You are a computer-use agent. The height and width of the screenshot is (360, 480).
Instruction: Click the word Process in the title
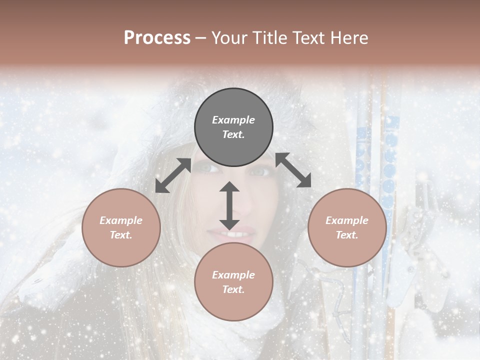point(157,38)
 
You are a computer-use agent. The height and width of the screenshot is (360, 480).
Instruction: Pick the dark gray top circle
point(233,127)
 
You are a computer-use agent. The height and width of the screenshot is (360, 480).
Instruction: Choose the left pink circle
point(121,227)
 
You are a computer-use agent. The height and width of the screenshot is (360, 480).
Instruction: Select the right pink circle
point(347,227)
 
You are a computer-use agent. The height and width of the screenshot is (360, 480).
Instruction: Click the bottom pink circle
point(233,282)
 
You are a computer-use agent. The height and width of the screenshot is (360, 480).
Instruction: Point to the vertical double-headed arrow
point(229,205)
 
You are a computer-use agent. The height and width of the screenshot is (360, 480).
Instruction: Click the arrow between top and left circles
point(173,175)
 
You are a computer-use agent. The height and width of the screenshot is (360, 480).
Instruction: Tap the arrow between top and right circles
point(293,170)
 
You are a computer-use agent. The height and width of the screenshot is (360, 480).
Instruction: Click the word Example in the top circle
point(233,120)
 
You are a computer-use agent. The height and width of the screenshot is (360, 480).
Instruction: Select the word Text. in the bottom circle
point(233,289)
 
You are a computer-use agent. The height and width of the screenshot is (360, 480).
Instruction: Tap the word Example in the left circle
point(121,220)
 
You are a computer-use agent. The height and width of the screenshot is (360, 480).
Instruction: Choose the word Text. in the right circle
point(347,235)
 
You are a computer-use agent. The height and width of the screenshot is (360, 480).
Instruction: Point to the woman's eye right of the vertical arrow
point(260,172)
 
